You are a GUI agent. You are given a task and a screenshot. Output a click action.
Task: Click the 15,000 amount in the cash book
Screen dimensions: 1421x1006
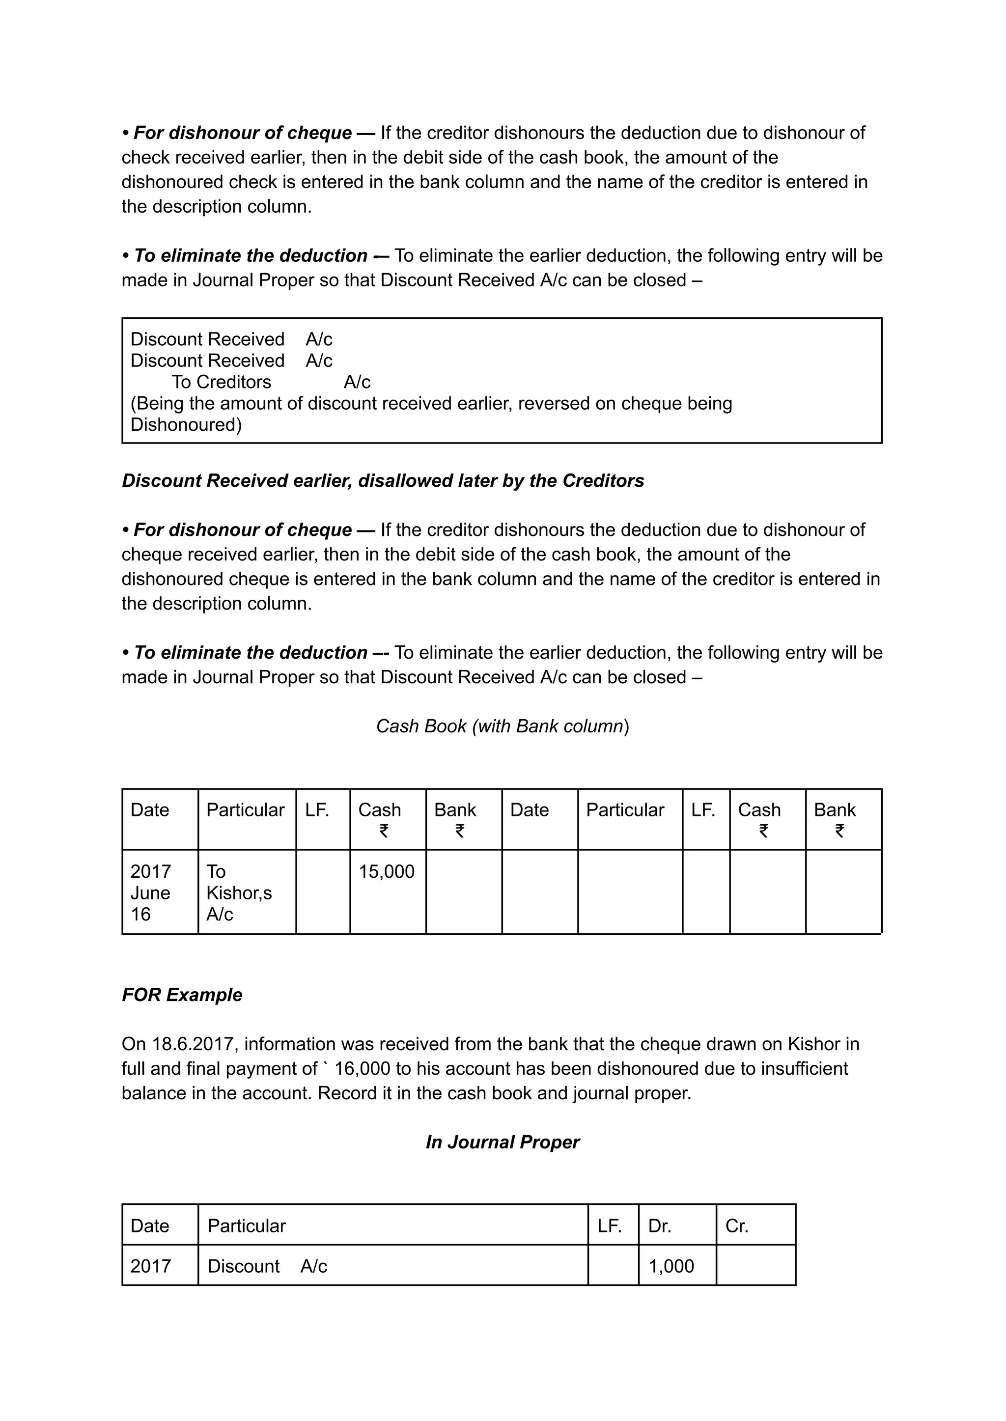click(386, 871)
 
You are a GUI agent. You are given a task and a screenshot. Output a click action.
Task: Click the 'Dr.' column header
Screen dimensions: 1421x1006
click(660, 1225)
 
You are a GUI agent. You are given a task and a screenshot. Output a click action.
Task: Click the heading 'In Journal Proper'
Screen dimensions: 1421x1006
click(503, 1142)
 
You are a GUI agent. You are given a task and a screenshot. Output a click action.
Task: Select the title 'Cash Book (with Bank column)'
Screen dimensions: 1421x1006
click(503, 725)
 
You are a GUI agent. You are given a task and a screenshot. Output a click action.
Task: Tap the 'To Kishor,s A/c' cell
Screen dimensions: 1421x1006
click(239, 892)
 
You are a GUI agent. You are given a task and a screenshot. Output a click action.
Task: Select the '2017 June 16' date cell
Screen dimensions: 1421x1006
click(150, 892)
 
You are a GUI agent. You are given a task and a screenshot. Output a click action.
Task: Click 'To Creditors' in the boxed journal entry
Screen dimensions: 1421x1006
click(221, 382)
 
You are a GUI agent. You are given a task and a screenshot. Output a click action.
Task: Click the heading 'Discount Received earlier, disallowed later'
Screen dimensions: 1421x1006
click(383, 481)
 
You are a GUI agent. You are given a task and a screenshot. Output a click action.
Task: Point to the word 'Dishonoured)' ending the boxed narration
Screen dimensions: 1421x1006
click(186, 424)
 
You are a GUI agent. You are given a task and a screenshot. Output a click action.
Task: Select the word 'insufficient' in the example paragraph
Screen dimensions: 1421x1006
click(804, 1068)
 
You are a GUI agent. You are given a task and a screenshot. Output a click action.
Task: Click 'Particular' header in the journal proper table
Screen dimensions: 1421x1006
click(247, 1225)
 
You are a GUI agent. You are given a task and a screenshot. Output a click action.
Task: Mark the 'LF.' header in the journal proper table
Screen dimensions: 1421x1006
click(610, 1225)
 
